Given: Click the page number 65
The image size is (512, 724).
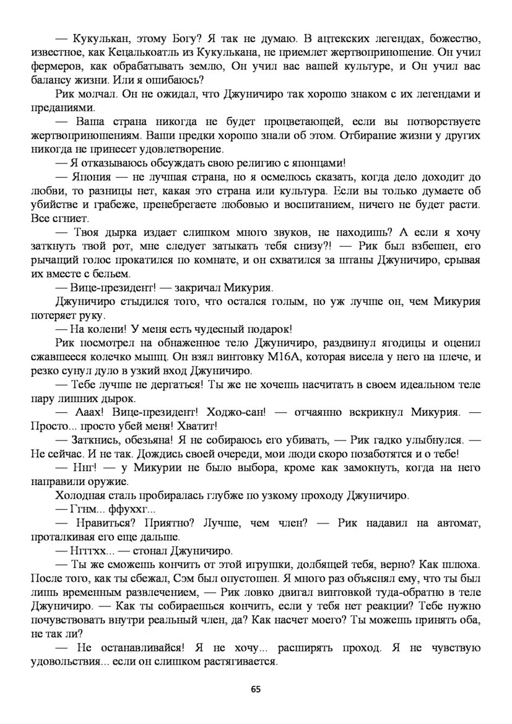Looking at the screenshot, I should tap(256, 689).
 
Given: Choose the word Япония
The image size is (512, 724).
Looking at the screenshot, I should tap(91, 176).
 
